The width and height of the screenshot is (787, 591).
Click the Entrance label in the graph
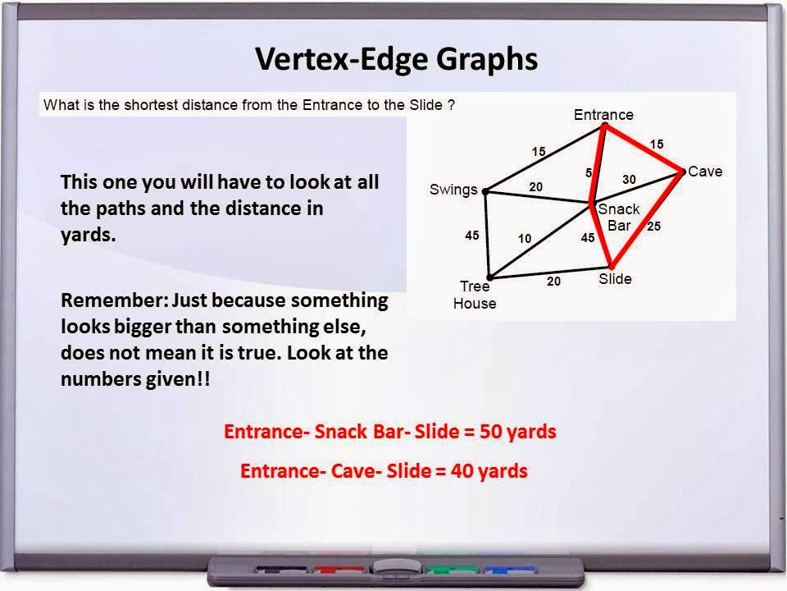(603, 115)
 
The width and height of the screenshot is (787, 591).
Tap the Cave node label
(705, 172)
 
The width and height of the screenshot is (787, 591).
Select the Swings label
(453, 190)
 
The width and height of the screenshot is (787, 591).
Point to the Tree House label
(475, 295)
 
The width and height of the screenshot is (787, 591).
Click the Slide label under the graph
(615, 279)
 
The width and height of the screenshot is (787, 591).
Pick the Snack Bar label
(619, 217)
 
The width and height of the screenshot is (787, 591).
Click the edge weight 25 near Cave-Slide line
(653, 226)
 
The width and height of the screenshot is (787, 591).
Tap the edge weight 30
(629, 179)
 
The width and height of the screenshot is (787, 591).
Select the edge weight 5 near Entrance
(589, 173)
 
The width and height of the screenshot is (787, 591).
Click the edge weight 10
(525, 239)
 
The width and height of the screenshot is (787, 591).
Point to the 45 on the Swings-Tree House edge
(471, 236)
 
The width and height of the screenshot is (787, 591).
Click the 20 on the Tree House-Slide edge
(554, 282)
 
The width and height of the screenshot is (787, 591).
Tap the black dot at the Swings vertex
(485, 191)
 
